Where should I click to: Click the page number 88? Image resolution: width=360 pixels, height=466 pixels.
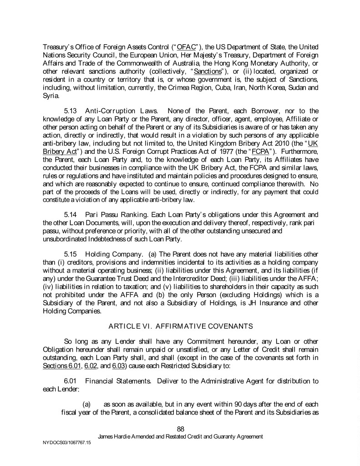[180, 428]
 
